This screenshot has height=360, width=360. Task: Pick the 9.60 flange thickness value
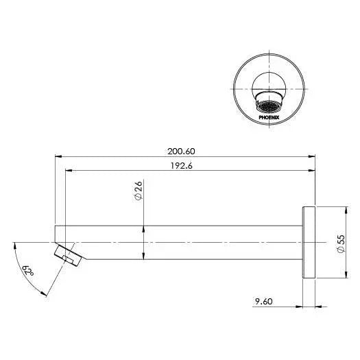[263, 301]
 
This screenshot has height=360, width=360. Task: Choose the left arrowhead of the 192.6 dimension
[67, 171]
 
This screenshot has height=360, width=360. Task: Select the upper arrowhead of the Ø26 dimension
[143, 227]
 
